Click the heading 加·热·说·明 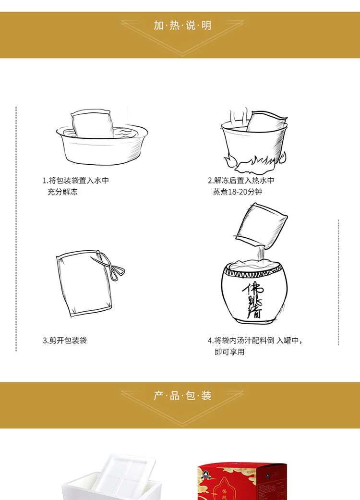click(x=182, y=25)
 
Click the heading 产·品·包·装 click(x=182, y=396)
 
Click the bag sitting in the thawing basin click(x=92, y=124)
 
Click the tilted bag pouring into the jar click(x=261, y=226)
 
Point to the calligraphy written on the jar click(x=253, y=300)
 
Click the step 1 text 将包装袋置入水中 click(x=79, y=181)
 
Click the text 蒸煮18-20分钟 click(x=238, y=192)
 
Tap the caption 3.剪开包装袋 click(x=65, y=341)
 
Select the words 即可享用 click(x=229, y=352)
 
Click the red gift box click(x=242, y=481)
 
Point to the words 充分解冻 click(x=62, y=192)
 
